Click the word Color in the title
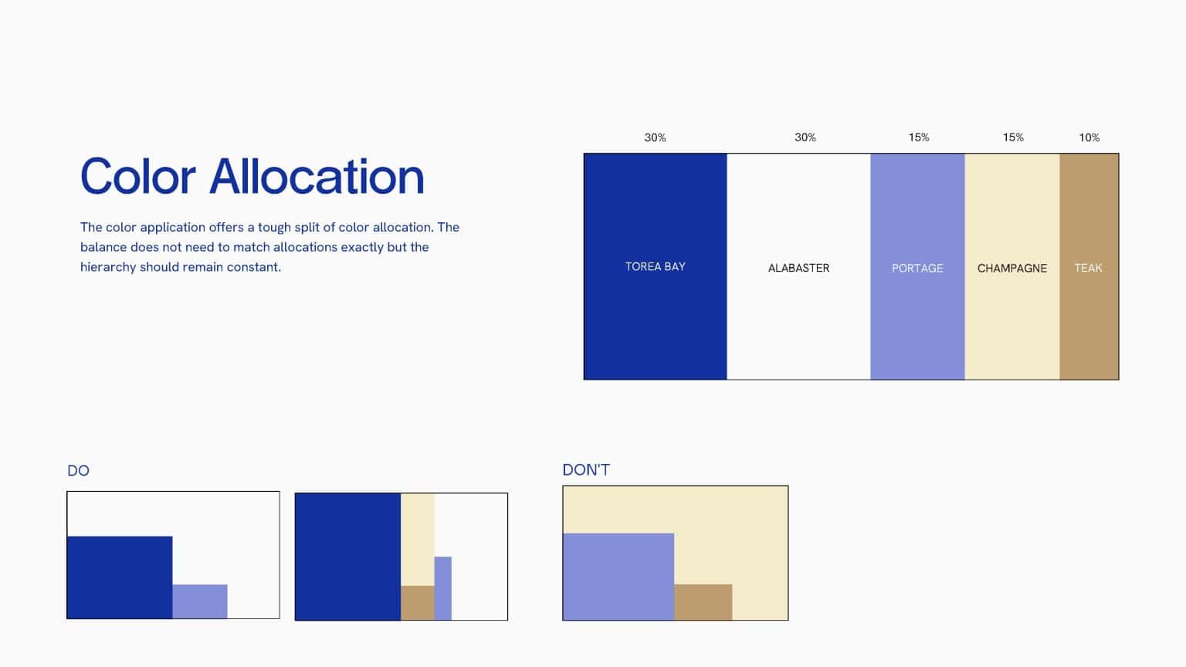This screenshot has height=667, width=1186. click(138, 177)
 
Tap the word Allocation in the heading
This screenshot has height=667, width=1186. click(317, 177)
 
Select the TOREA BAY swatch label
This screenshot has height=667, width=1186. click(655, 266)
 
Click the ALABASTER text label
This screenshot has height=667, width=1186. click(798, 268)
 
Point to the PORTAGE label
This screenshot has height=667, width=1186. click(917, 268)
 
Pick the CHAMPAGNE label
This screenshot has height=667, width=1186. click(1011, 268)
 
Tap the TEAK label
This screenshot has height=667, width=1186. click(1088, 268)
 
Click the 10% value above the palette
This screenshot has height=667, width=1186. click(1089, 137)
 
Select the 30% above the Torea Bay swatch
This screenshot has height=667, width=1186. click(655, 137)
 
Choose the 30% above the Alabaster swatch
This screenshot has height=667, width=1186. click(805, 137)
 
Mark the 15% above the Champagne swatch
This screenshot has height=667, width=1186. click(1013, 137)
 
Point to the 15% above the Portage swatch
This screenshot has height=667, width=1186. click(918, 137)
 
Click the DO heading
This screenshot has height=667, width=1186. click(78, 471)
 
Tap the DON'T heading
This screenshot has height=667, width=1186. click(586, 470)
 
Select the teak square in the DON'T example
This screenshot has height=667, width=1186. click(703, 602)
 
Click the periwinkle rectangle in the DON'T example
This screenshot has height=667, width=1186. click(618, 576)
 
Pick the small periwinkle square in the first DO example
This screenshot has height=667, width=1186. click(199, 601)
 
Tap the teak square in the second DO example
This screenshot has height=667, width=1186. click(417, 603)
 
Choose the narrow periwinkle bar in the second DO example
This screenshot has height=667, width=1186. click(442, 587)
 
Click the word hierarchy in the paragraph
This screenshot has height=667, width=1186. click(108, 267)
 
